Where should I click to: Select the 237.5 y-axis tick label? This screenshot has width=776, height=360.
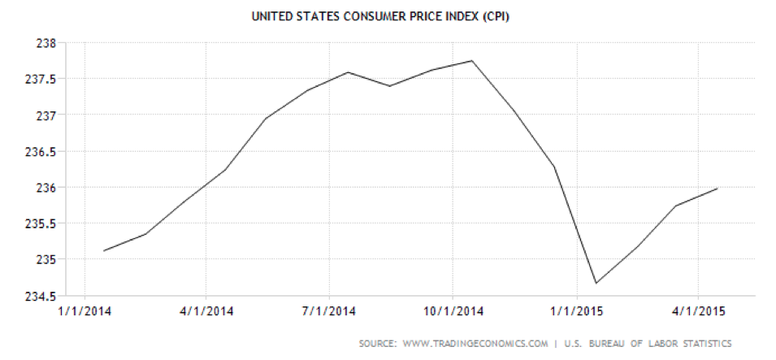(38, 80)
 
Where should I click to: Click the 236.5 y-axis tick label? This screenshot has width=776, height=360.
(38, 152)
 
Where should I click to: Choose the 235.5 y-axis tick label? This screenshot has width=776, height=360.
(38, 223)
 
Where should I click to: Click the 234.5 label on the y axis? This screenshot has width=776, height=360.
(38, 296)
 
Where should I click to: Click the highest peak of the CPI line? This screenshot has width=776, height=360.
(472, 61)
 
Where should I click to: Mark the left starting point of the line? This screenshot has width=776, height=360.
(104, 250)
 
